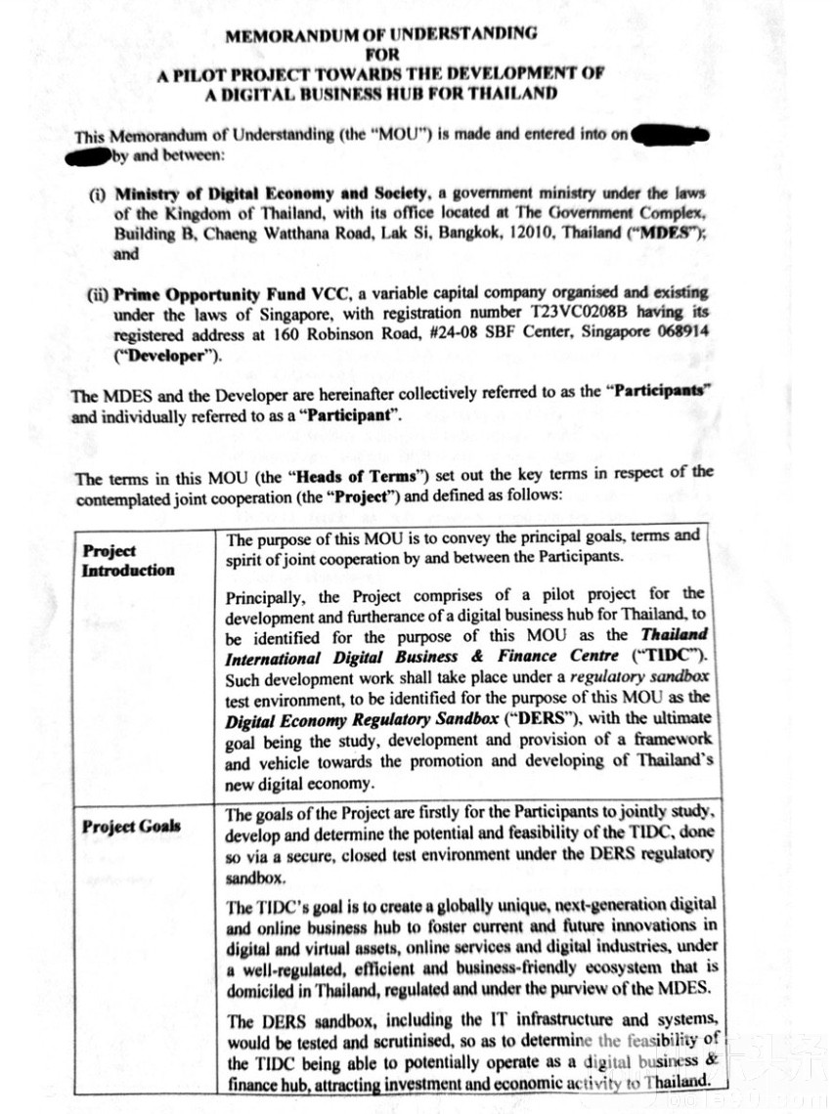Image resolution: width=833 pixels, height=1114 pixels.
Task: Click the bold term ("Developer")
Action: pyautogui.click(x=167, y=355)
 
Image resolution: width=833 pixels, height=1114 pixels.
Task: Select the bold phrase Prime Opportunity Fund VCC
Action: pyautogui.click(x=222, y=292)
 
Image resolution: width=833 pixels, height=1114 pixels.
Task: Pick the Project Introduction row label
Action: pyautogui.click(x=128, y=560)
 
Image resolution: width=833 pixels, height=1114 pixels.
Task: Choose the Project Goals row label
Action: pyautogui.click(x=131, y=826)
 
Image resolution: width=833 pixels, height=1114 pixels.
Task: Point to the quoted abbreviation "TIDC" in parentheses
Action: pyautogui.click(x=673, y=655)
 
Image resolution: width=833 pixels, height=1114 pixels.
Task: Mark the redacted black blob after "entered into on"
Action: pyautogui.click(x=671, y=135)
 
